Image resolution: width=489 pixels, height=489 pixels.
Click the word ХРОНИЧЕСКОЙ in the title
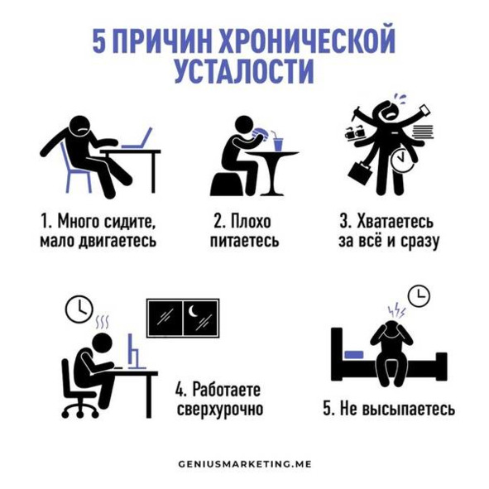(x=308, y=41)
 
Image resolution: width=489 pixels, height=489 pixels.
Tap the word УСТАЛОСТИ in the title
(x=244, y=70)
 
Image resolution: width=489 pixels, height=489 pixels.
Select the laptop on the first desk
(x=137, y=138)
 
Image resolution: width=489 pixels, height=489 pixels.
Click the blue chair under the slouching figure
(x=75, y=170)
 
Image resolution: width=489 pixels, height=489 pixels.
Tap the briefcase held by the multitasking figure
(x=360, y=171)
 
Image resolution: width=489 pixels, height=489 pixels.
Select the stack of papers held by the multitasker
(x=423, y=132)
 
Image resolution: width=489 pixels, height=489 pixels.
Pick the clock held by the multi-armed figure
(x=402, y=160)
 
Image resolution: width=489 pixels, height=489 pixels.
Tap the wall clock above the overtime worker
(x=79, y=309)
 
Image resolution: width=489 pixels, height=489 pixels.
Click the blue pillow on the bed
(x=354, y=355)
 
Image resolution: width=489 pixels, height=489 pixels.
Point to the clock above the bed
(x=419, y=295)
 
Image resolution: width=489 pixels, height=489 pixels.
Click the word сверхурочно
(x=220, y=410)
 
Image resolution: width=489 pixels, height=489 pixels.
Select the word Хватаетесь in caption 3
(x=395, y=221)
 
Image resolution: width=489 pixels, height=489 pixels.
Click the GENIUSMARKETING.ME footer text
(x=245, y=464)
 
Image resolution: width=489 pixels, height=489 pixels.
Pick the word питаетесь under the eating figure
(x=245, y=241)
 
